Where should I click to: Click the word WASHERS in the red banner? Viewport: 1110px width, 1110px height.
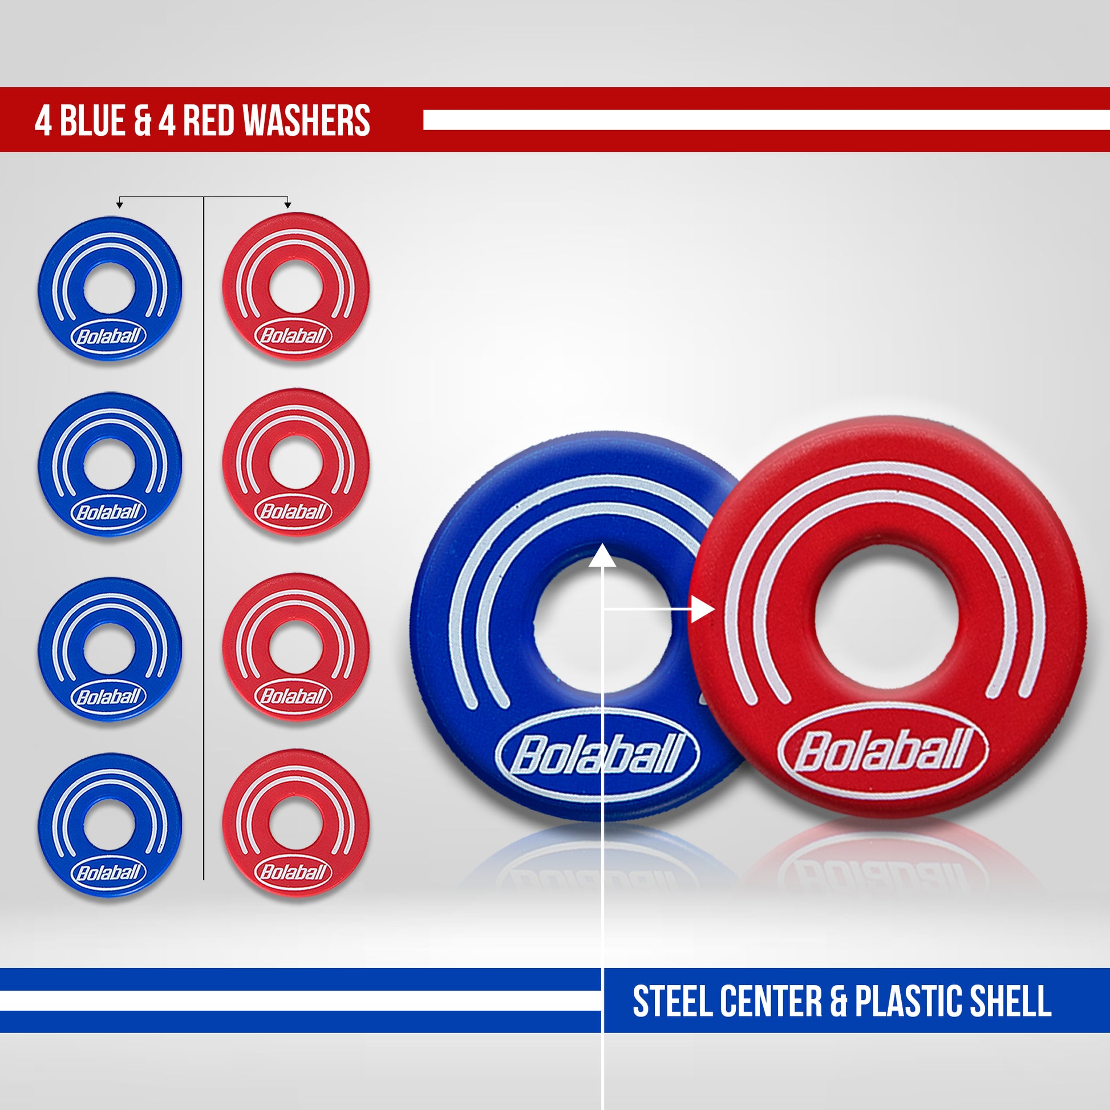[x=306, y=121]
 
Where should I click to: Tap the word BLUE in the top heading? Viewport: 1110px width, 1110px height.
[x=92, y=121]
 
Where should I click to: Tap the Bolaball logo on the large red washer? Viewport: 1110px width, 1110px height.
[x=882, y=750]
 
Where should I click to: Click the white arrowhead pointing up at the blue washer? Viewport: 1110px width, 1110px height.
[x=602, y=556]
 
